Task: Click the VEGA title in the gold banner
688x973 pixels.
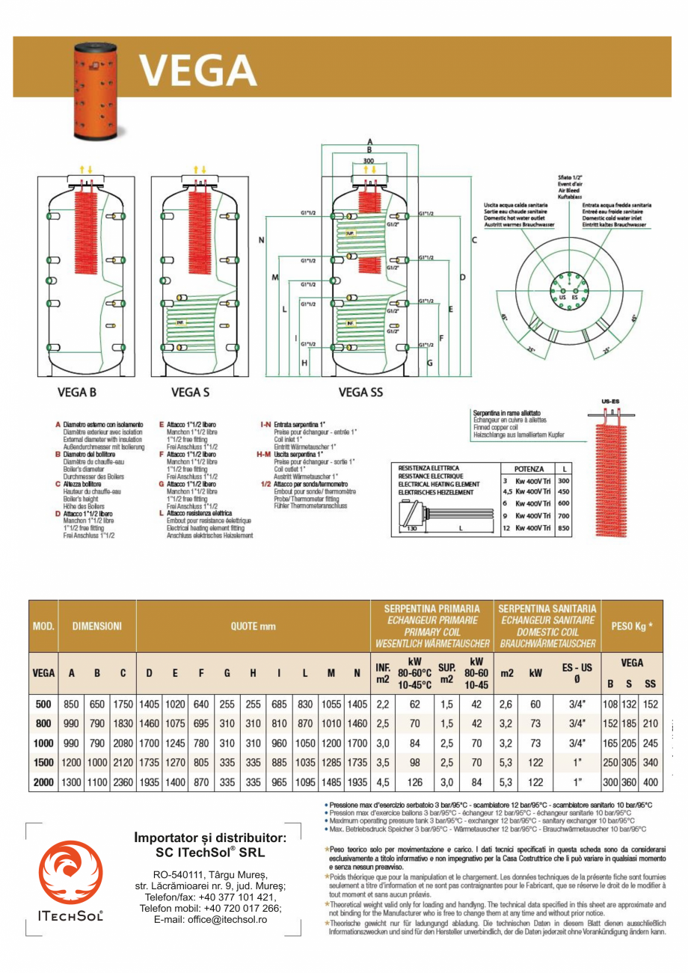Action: coord(198,71)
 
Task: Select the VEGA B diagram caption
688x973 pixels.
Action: coord(77,392)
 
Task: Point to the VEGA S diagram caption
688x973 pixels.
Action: coord(190,392)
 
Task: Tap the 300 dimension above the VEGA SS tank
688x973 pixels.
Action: coord(368,161)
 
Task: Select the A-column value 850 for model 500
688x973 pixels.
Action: coord(72,704)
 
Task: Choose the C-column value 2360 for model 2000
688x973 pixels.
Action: coord(123,782)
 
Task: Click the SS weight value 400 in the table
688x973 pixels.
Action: coord(650,782)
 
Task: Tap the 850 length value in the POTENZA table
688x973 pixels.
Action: coord(564,529)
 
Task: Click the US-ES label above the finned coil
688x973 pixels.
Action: coord(611,402)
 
